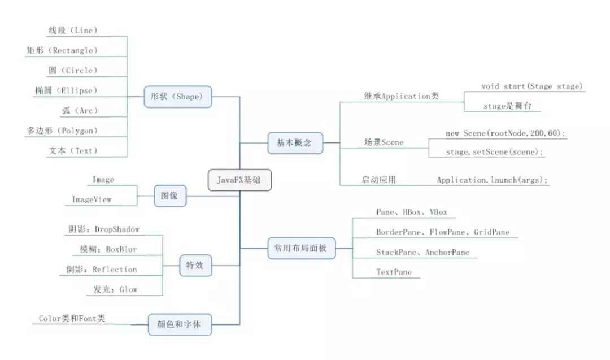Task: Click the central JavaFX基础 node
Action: (239, 180)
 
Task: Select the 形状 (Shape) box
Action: (178, 97)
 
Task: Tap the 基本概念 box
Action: (295, 143)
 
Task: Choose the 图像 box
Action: (170, 196)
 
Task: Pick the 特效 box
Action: (195, 266)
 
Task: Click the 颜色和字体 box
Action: (180, 324)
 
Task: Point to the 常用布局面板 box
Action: (302, 248)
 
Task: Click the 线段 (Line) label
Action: (73, 31)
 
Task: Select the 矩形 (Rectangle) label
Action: (62, 50)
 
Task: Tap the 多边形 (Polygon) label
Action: (62, 131)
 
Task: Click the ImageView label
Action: (91, 199)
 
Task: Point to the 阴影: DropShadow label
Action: (103, 229)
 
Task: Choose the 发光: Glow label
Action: (115, 289)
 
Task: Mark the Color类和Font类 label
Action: (72, 318)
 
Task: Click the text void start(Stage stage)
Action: (532, 86)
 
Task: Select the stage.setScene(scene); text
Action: (494, 152)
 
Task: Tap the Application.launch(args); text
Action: (492, 180)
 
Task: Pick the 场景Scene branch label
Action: (384, 142)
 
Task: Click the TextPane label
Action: (394, 272)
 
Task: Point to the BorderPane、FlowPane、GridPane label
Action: (443, 232)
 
